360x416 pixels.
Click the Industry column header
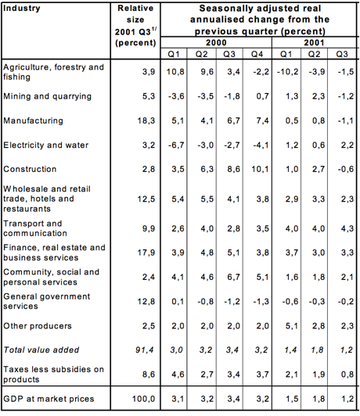21,9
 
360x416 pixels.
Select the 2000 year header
216,42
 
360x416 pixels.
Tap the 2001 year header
314,42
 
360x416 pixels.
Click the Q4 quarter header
257,54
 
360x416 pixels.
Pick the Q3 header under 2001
342,54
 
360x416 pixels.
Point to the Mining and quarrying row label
47,96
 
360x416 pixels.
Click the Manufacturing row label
33,120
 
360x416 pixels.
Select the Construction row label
30,169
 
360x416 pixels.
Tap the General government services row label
46,301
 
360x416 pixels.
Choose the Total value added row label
41,350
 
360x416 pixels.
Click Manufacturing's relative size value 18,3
146,120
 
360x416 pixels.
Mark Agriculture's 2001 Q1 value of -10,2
287,72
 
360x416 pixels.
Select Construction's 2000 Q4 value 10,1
260,169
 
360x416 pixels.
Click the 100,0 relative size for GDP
144,399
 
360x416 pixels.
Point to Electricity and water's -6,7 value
176,145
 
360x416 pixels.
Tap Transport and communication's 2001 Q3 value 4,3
347,228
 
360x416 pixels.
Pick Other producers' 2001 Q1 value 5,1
292,326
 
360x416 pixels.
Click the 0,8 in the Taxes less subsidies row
347,375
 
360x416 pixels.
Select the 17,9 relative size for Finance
146,253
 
